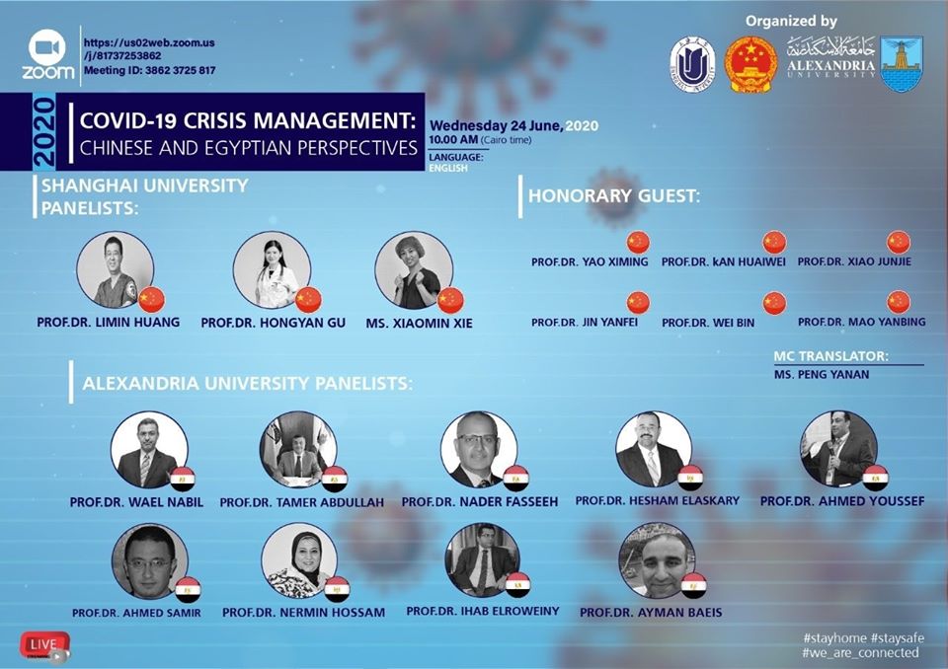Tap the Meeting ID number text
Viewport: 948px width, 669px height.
pyautogui.click(x=180, y=70)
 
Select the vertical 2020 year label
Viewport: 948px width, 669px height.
pyautogui.click(x=44, y=132)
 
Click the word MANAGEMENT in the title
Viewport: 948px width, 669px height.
pyautogui.click(x=335, y=120)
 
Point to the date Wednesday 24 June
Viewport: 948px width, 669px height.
pyautogui.click(x=496, y=126)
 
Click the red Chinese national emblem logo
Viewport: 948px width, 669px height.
pyautogui.click(x=750, y=63)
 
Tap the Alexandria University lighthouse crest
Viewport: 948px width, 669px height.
pyautogui.click(x=902, y=63)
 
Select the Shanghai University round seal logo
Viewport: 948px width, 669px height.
pyautogui.click(x=692, y=65)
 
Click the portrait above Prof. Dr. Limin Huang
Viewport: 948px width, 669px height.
pyautogui.click(x=115, y=269)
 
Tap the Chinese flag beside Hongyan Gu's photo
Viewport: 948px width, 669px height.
pyautogui.click(x=308, y=300)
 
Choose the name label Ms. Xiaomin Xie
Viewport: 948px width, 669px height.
pyautogui.click(x=419, y=324)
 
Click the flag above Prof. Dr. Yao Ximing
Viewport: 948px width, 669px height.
pyautogui.click(x=638, y=242)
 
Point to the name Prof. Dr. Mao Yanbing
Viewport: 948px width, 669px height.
pyautogui.click(x=861, y=322)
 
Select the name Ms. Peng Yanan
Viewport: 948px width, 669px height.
pyautogui.click(x=822, y=375)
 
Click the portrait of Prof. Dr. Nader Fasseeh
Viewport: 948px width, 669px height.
pyautogui.click(x=480, y=449)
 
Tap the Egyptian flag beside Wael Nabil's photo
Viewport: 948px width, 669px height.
pyautogui.click(x=182, y=479)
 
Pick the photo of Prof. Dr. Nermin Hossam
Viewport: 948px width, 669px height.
pyautogui.click(x=300, y=560)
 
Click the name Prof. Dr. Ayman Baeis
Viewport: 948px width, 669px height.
pyautogui.click(x=651, y=613)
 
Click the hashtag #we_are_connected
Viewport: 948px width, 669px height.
pyautogui.click(x=860, y=652)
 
